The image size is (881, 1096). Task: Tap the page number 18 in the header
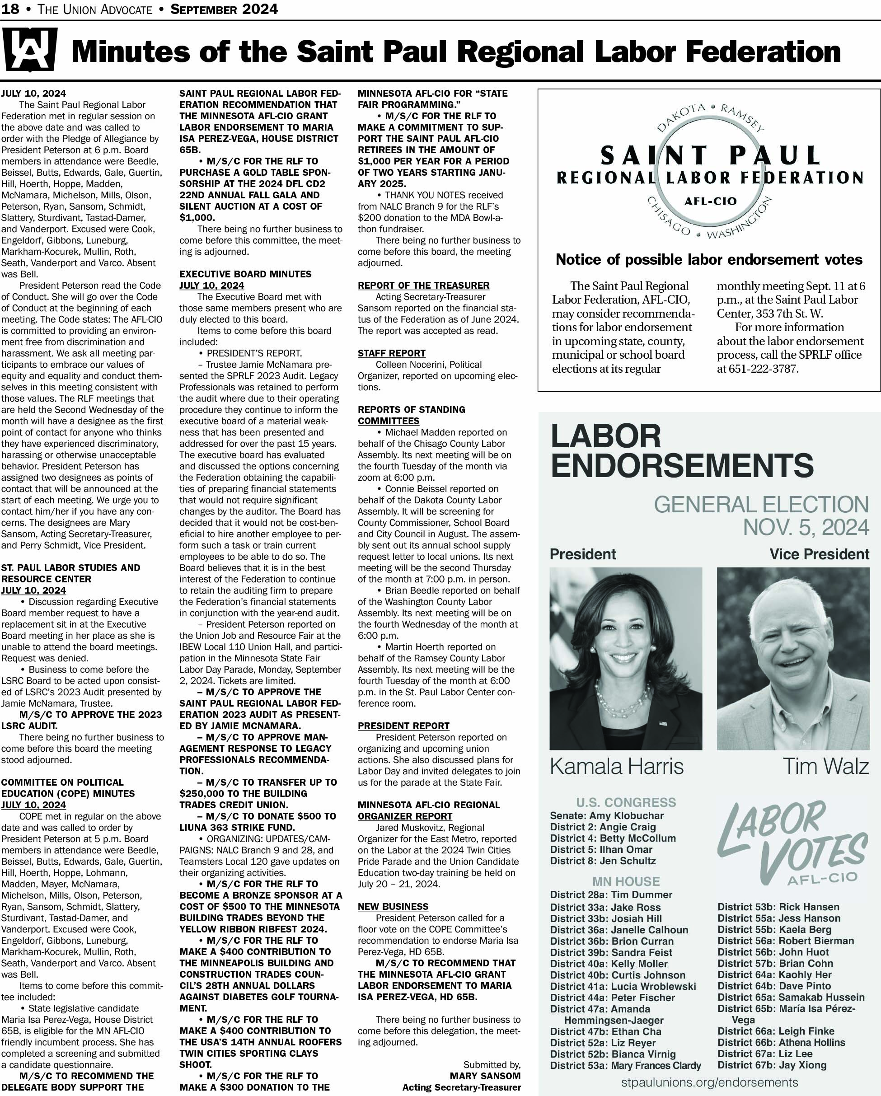click(10, 9)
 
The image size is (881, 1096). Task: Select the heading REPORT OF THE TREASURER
click(423, 286)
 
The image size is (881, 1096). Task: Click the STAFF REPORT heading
click(391, 353)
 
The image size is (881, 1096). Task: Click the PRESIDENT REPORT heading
click(403, 726)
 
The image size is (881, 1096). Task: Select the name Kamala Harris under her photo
click(617, 767)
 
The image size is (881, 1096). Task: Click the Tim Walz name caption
click(825, 767)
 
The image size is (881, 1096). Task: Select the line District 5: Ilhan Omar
click(601, 849)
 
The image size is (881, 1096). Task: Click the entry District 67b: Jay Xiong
click(772, 1065)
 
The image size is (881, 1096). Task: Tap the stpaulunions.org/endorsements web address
click(709, 1082)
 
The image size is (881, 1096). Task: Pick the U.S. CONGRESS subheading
click(626, 803)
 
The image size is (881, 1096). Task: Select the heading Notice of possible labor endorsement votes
click(709, 260)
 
